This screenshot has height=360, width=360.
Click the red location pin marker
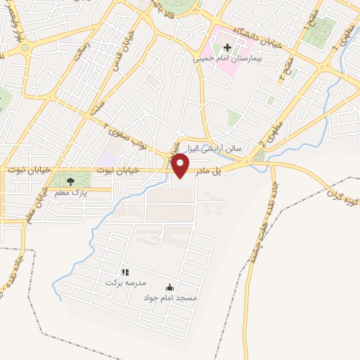181,167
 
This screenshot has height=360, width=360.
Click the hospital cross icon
227,46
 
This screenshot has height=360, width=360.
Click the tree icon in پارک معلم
70,181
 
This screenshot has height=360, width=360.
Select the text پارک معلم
70,191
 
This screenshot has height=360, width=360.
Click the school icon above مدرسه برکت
124,272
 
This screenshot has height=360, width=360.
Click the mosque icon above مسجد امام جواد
169,287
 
